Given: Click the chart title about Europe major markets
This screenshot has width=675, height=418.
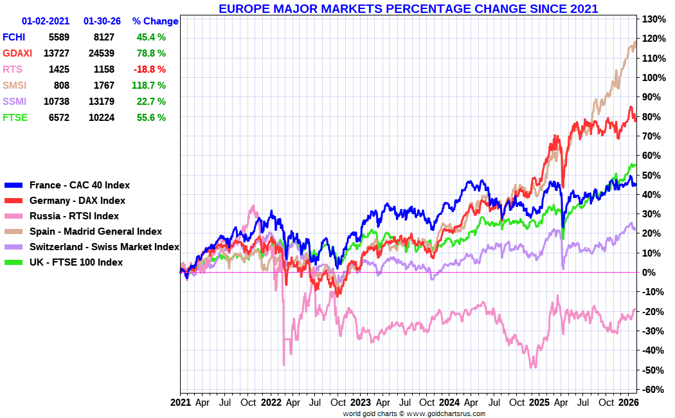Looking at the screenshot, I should [408, 9].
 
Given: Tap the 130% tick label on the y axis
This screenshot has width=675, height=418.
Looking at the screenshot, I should [652, 19].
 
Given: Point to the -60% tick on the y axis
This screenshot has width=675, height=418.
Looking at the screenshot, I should [652, 390].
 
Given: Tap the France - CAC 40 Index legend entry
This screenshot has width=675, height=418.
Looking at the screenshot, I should [80, 185].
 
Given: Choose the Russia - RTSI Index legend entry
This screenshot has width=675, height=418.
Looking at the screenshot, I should [74, 216].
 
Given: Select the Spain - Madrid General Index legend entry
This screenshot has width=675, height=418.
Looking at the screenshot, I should [96, 232].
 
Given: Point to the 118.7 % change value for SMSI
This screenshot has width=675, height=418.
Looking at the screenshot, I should [151, 86].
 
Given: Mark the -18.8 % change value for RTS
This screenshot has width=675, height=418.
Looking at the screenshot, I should [151, 69].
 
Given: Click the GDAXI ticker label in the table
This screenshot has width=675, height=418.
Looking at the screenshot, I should [17, 53].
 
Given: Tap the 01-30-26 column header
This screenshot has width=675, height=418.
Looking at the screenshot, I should [102, 21].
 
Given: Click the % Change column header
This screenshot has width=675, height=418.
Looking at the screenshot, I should [155, 21].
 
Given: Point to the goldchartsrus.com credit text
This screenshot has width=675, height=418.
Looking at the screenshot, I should [414, 413].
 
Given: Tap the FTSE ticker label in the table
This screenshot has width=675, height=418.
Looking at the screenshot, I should [14, 118].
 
